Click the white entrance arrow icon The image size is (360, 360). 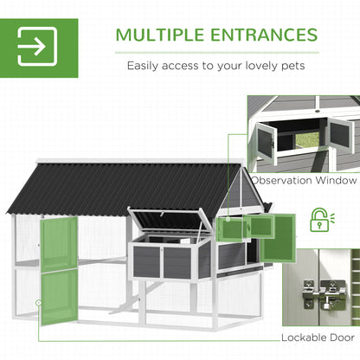37,46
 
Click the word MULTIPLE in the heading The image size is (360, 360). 160,35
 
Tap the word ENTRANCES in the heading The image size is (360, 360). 264,35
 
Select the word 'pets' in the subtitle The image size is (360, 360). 292,66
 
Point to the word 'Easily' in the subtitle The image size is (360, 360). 143,66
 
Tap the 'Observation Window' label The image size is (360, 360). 304,181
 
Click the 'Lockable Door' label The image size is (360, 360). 318,337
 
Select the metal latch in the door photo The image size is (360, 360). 324,293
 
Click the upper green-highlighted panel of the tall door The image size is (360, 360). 59,245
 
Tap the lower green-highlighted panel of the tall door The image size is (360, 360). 59,297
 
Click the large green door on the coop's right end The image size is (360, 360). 278,238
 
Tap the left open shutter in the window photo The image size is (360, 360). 267,141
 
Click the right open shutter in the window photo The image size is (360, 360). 341,137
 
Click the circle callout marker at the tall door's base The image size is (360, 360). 39,303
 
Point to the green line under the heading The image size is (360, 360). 217,53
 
